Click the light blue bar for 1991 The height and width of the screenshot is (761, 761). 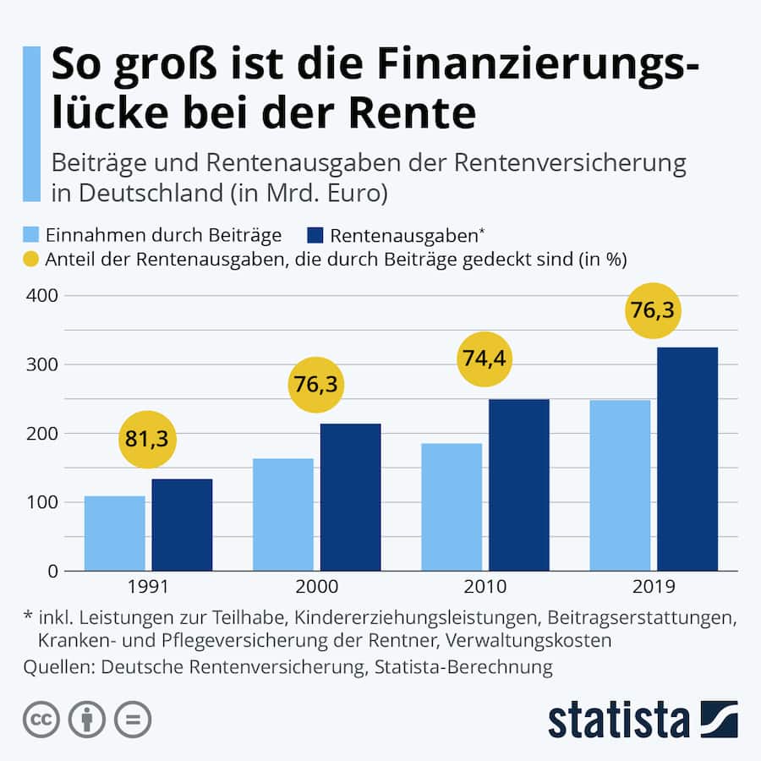114,534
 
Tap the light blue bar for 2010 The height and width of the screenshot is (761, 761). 452,507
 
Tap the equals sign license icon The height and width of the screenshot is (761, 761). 132,720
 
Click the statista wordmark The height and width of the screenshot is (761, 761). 619,720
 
